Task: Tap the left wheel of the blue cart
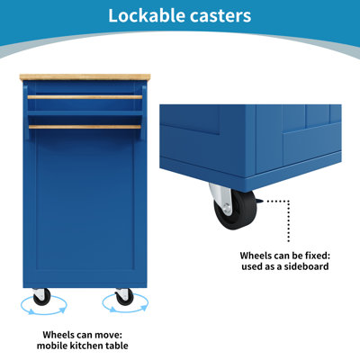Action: [40, 297]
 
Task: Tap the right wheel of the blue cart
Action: [124, 297]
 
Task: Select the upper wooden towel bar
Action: [85, 97]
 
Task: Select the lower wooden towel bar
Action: [85, 127]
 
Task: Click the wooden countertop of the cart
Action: [85, 77]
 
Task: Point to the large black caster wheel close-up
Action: [237, 210]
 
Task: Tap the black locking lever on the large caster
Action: [260, 201]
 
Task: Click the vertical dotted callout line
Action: [289, 221]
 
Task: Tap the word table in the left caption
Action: [117, 346]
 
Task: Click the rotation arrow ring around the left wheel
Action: [44, 313]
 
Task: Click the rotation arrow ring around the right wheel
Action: [125, 311]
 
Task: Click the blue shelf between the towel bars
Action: [85, 113]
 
